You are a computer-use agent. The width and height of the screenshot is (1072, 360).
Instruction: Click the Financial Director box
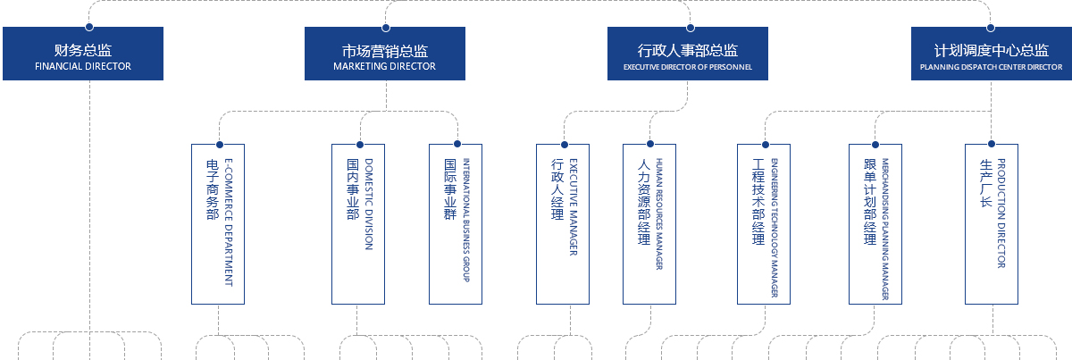coord(83,54)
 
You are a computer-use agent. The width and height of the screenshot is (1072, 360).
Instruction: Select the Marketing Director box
coord(385,54)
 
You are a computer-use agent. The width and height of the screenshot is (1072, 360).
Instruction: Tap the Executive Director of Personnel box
coord(688,54)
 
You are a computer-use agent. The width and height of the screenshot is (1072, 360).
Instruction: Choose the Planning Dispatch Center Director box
coord(991,54)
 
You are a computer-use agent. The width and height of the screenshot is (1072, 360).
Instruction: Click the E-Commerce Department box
coord(218,223)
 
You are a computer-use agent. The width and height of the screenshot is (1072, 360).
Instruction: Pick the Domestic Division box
coord(358,223)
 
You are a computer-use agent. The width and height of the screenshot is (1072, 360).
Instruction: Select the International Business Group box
coord(456,223)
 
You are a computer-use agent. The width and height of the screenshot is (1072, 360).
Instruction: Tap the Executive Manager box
coord(563,223)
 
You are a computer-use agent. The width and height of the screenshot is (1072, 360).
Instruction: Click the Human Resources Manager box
coord(649,223)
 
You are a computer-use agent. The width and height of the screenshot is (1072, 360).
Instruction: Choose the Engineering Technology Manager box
coord(764,223)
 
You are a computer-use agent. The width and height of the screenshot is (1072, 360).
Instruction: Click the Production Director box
coord(992,223)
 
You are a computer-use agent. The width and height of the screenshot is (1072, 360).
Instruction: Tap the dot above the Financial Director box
coord(88,28)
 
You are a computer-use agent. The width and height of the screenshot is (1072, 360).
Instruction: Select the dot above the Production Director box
coord(992,144)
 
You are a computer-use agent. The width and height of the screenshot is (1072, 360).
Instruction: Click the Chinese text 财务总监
coord(83,50)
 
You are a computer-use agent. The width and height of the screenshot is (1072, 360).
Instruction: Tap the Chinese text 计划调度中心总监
coord(991,50)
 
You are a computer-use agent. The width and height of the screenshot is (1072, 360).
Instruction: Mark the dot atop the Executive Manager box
coord(564,144)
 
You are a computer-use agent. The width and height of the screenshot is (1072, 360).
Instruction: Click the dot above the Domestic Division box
coord(359,144)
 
